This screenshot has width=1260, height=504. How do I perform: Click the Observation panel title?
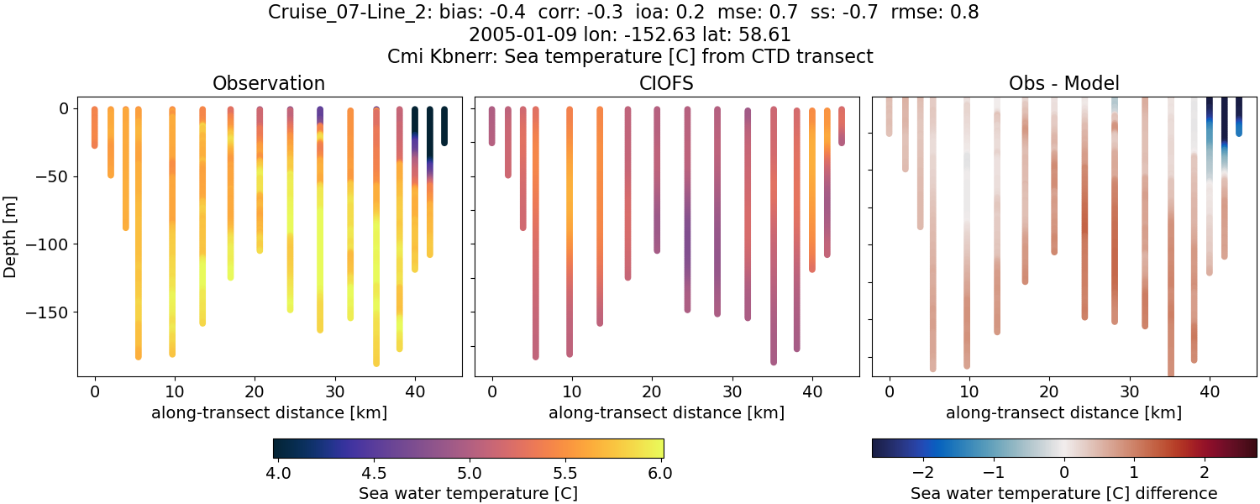click(x=269, y=83)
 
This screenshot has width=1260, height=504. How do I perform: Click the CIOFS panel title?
click(x=667, y=83)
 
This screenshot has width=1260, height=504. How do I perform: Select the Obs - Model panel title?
click(x=1063, y=83)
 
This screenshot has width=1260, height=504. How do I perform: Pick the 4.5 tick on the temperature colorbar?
click(x=374, y=473)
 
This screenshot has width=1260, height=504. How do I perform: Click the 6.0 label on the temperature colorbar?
click(x=660, y=473)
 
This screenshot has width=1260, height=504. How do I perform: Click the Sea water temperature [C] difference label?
click(x=1063, y=493)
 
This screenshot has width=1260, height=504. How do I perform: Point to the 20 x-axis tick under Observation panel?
click(x=175, y=391)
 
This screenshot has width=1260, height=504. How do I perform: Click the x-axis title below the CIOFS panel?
click(x=666, y=412)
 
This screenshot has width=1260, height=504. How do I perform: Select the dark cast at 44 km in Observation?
click(x=444, y=126)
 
